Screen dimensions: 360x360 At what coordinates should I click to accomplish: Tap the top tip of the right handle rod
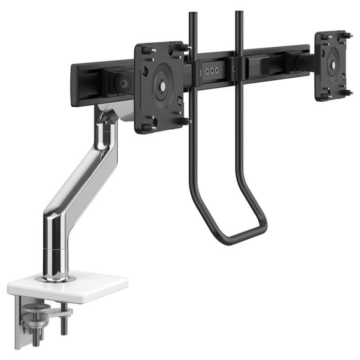click(x=238, y=13)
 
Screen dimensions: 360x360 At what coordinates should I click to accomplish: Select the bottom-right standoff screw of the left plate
click(x=185, y=121)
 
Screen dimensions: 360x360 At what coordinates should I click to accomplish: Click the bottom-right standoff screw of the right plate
click(x=347, y=93)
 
